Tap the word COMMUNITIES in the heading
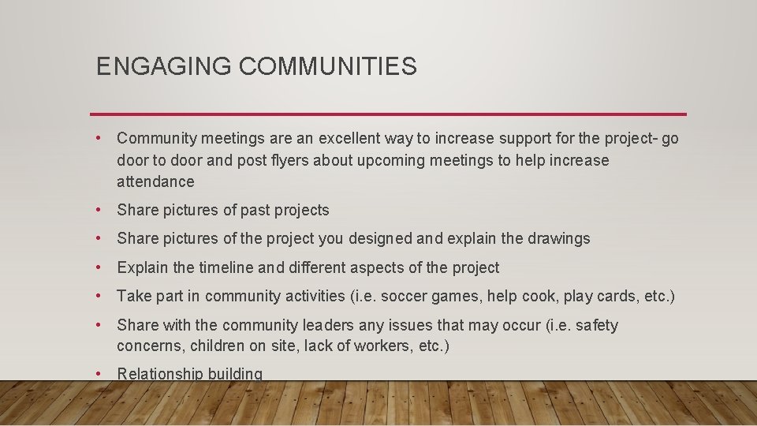(x=327, y=67)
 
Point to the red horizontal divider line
(x=388, y=114)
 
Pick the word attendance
(x=155, y=181)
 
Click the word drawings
(x=559, y=238)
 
